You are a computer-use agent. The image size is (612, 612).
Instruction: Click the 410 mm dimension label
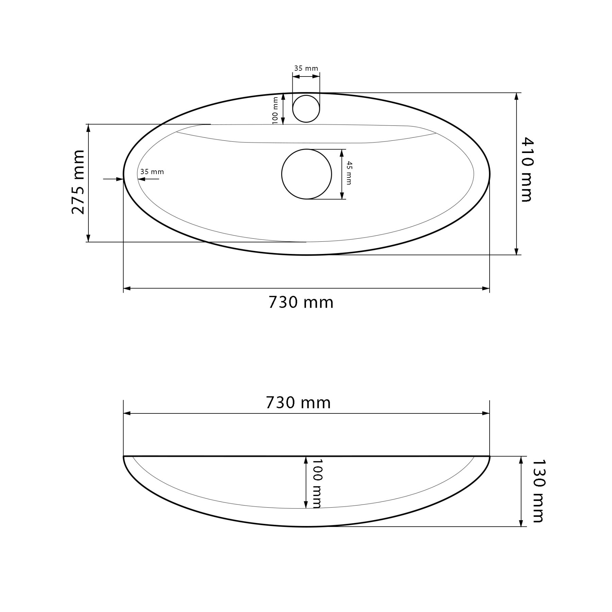[x=527, y=170]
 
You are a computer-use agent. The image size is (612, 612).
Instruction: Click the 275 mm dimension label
[x=78, y=182]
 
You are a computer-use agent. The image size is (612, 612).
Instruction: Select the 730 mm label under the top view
[x=301, y=302]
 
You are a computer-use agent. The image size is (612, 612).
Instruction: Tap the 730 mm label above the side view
[x=298, y=403]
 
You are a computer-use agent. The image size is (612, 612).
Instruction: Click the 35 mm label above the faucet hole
[x=306, y=68]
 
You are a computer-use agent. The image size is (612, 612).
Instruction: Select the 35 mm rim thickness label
[x=152, y=172]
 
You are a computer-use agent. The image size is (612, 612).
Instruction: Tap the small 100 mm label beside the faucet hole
[x=275, y=110]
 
